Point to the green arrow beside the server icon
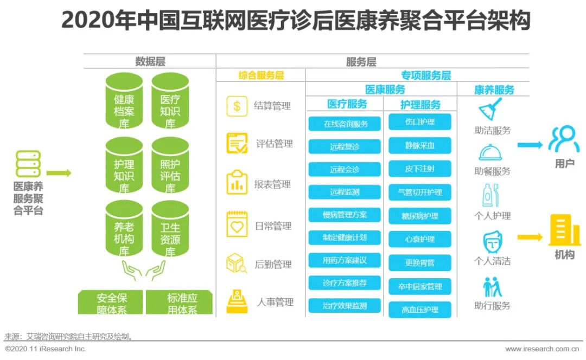(x=59, y=173)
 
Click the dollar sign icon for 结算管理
(x=237, y=106)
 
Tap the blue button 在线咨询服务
(x=345, y=124)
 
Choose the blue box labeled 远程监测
(x=345, y=192)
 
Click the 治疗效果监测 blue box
(x=345, y=305)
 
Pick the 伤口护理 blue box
(x=420, y=122)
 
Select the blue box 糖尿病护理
(x=420, y=216)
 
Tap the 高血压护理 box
(x=420, y=310)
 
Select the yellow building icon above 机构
(x=565, y=230)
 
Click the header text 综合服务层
(x=261, y=76)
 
